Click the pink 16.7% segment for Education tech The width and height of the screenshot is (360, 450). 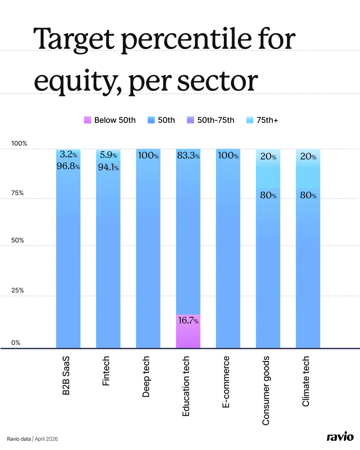tap(188, 331)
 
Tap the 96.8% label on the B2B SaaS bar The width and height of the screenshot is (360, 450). tap(68, 166)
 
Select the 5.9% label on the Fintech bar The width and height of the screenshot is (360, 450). tap(108, 155)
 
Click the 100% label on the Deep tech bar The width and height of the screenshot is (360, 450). tap(148, 156)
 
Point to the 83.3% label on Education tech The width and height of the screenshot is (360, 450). tap(188, 156)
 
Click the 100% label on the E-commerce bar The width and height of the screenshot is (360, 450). tap(228, 156)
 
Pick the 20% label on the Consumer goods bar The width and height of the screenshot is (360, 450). tap(268, 157)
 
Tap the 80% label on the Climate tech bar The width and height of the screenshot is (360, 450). tap(308, 196)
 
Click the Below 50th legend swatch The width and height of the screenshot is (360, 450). tap(88, 120)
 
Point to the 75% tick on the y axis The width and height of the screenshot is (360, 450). tap(17, 193)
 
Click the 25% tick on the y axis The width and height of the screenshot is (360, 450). tap(17, 290)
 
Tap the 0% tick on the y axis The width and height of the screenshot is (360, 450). tap(16, 343)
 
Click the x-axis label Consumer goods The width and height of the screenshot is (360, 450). tap(266, 390)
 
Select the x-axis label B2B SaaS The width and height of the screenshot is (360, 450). tap(66, 375)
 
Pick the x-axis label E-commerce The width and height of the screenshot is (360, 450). tap(226, 382)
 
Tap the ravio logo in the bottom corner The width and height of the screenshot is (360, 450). tap(340, 437)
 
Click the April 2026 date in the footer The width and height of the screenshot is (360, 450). tap(46, 439)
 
